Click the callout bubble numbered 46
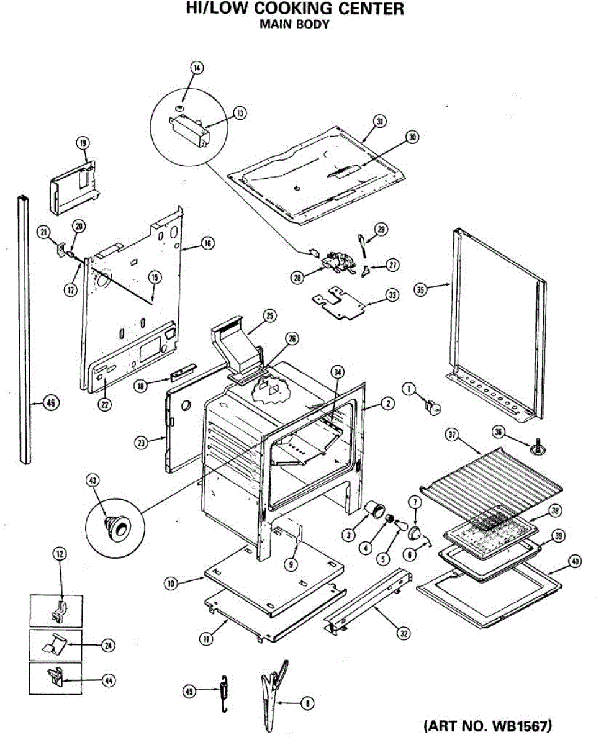[x=51, y=403]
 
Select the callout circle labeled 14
[x=197, y=68]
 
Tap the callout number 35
[x=421, y=291]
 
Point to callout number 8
[x=306, y=703]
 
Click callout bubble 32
[x=404, y=633]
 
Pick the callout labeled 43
[x=94, y=481]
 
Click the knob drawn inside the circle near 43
[x=116, y=526]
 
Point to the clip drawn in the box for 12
[x=57, y=611]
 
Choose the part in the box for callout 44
[x=56, y=678]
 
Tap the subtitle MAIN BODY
[x=294, y=25]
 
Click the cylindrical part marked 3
[x=374, y=510]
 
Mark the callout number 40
[x=575, y=561]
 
